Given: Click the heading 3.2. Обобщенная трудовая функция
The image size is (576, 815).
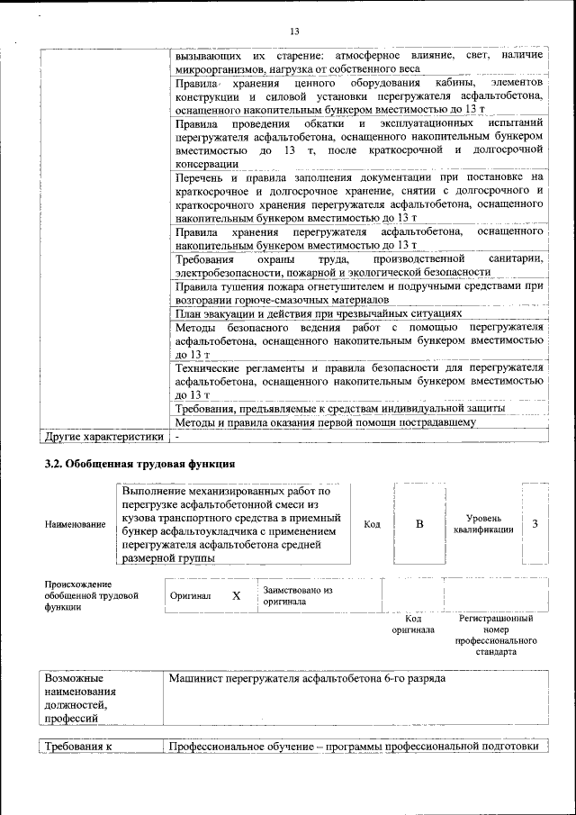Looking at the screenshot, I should pos(139,465).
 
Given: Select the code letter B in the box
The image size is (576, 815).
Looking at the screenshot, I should pos(418,523).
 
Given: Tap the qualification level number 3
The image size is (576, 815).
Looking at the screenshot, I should pos(535,523).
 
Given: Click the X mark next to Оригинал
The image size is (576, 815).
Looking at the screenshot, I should pos(237,596).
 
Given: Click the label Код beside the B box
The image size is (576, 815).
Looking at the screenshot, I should pos(371,523).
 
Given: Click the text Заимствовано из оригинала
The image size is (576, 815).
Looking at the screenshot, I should pos(297,596).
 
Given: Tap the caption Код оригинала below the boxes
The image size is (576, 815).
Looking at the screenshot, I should pos(413,624).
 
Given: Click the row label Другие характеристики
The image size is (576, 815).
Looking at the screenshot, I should pos(103,437).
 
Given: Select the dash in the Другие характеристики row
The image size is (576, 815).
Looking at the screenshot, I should pos(178,437).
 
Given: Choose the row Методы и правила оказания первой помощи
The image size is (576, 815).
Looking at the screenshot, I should pos(325,421).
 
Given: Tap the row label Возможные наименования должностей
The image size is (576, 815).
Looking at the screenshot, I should pos(81,698).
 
